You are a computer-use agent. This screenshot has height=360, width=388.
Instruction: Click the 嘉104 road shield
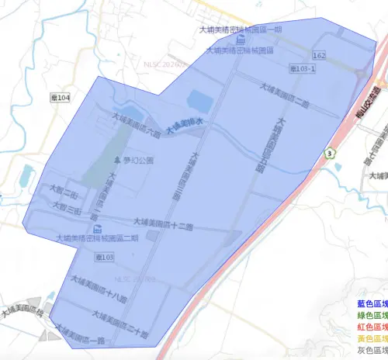[59, 97]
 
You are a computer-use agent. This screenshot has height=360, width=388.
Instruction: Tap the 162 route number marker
[319, 57]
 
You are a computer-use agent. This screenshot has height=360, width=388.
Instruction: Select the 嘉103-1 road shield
[302, 69]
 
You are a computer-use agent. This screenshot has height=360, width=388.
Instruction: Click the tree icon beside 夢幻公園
[117, 160]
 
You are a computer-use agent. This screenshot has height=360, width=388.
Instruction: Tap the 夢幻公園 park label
[138, 161]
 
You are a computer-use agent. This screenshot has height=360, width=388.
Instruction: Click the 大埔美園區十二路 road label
[163, 223]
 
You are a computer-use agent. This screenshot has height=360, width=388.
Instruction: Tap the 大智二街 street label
[63, 191]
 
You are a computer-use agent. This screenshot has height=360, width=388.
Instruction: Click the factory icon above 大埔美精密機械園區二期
[96, 230]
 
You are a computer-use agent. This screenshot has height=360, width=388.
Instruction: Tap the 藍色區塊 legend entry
[372, 303]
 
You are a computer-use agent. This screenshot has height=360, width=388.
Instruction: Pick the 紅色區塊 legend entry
[372, 327]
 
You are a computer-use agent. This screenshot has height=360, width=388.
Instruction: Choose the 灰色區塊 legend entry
[372, 351]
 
